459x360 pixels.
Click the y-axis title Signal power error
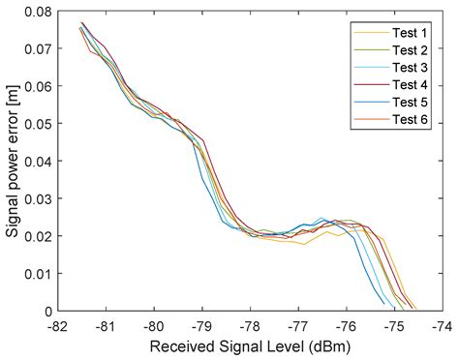pos(14,160)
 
